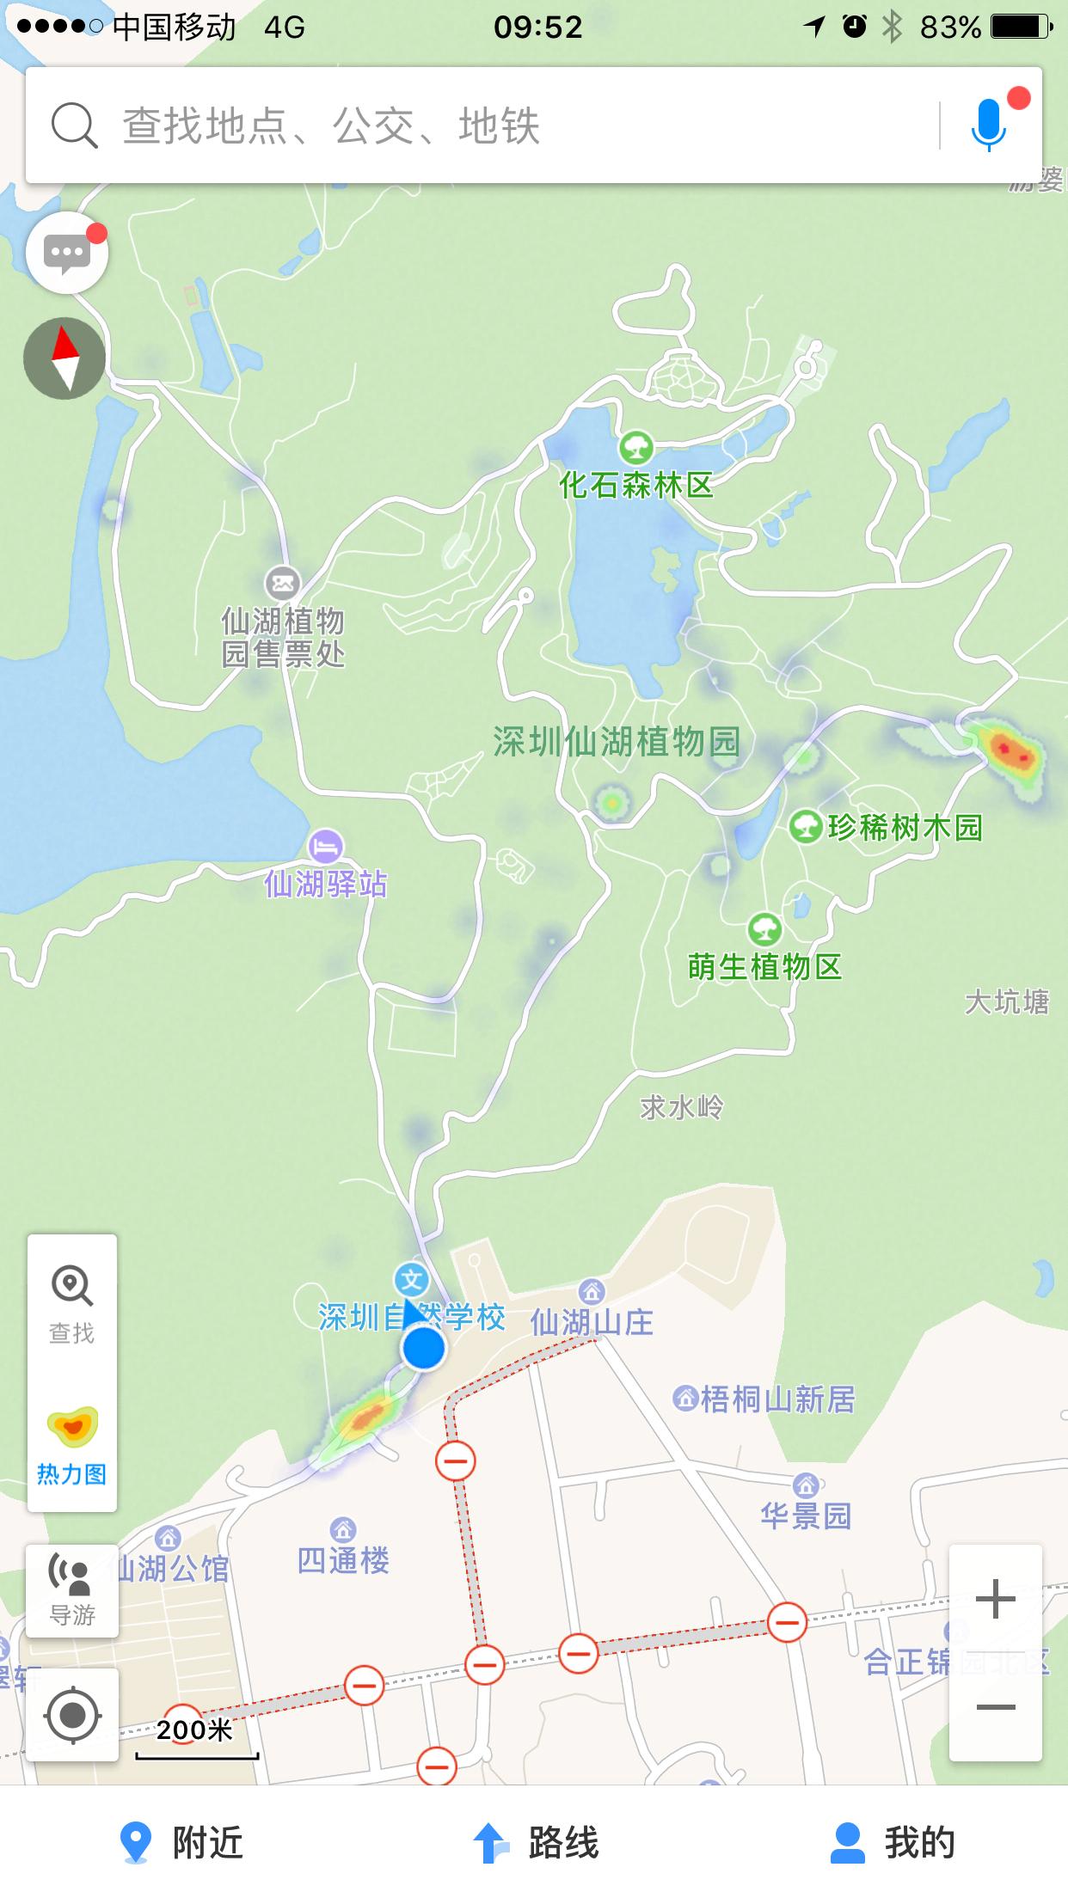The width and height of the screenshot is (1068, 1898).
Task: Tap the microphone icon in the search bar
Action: [989, 126]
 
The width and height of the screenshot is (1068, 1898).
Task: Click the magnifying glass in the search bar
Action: [74, 126]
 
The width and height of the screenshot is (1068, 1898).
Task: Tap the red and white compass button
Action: [64, 358]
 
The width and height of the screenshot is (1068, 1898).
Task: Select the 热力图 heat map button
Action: [72, 1448]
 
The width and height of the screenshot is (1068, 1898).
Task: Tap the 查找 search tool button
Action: [72, 1305]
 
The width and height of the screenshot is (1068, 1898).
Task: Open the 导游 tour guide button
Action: [72, 1590]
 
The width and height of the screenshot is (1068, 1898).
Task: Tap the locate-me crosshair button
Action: [72, 1715]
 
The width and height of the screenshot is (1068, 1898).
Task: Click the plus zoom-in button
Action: [996, 1599]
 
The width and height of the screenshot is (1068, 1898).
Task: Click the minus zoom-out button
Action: [996, 1707]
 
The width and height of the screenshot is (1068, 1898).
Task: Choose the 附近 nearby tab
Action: [181, 1843]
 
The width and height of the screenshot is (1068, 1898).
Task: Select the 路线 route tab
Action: [535, 1843]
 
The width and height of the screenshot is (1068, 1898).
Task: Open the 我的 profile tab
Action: [893, 1843]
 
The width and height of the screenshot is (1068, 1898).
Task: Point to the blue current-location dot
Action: [423, 1348]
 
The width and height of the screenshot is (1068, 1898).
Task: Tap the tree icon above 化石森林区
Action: [635, 447]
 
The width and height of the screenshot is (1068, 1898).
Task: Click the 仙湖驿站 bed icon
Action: [325, 847]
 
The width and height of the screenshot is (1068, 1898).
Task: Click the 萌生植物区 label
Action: [764, 968]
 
